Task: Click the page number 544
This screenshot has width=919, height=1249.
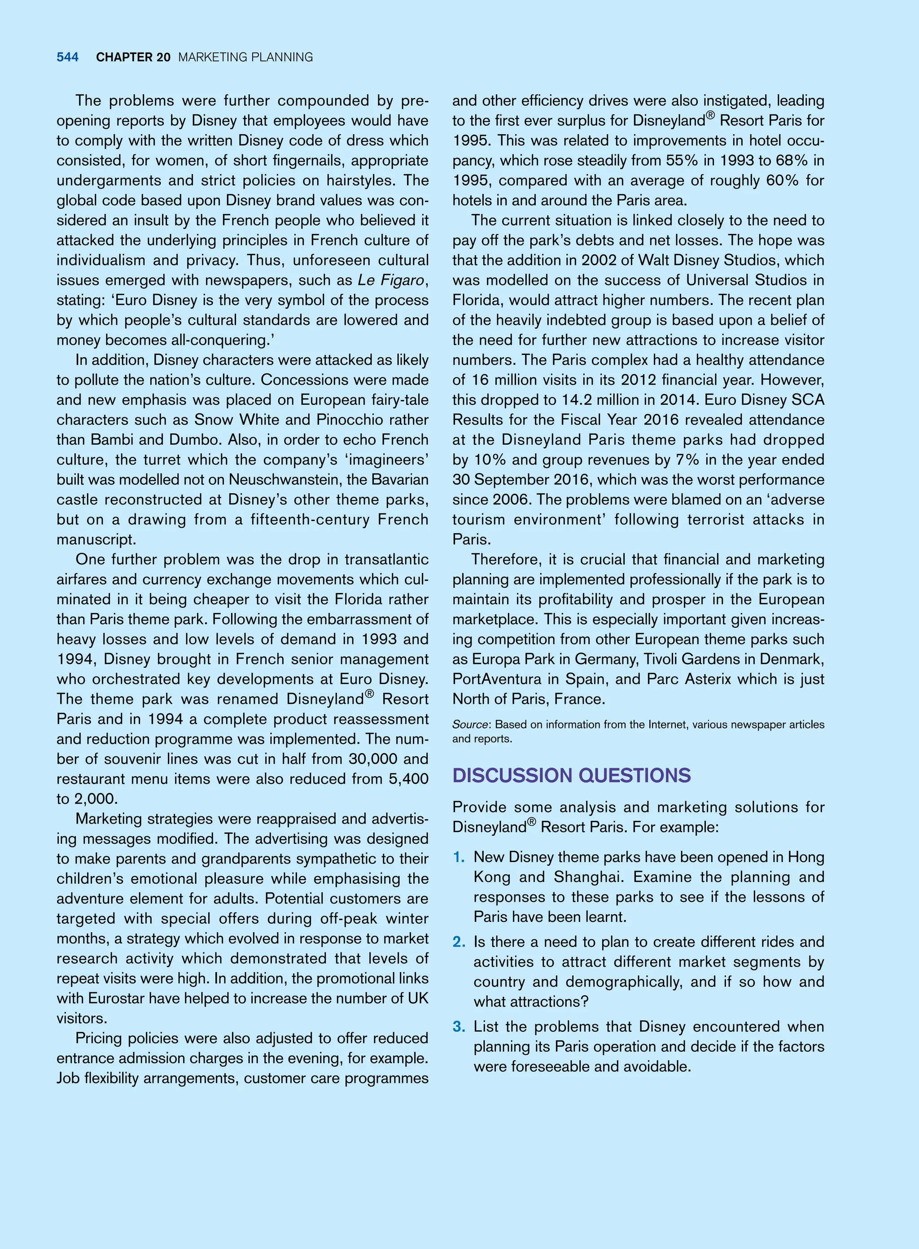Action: click(67, 57)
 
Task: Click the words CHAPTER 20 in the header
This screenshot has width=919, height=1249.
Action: click(133, 57)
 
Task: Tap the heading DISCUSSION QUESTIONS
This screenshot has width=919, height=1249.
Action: click(571, 775)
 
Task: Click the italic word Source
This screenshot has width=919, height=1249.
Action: click(470, 724)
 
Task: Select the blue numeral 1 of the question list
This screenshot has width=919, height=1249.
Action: click(459, 857)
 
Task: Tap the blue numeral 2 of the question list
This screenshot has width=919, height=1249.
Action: click(459, 942)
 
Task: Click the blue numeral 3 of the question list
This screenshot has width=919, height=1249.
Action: click(459, 1026)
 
